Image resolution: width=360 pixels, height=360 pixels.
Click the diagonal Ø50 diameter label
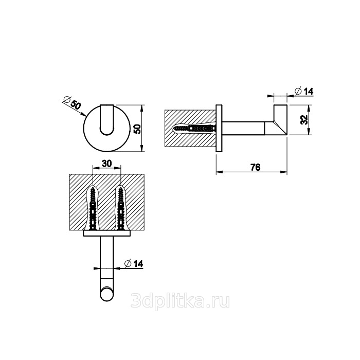click(x=72, y=102)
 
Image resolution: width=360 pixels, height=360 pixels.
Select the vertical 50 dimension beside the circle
click(x=137, y=129)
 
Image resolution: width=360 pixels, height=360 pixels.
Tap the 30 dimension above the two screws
click(x=106, y=164)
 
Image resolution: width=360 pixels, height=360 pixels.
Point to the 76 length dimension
click(x=255, y=167)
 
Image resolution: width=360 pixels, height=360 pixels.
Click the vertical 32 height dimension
click(x=304, y=120)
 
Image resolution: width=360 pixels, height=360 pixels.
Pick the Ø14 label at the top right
click(x=303, y=91)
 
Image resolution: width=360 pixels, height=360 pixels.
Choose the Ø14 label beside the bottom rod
click(x=133, y=264)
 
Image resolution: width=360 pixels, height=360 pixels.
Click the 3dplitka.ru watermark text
click(x=180, y=301)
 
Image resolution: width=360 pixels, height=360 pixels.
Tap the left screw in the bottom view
click(x=93, y=208)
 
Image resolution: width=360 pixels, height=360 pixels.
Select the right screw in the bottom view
click(x=120, y=208)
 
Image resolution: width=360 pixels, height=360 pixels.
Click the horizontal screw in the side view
click(x=195, y=129)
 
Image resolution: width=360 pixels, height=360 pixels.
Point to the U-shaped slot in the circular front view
click(x=107, y=120)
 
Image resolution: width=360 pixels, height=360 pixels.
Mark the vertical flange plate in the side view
click(x=219, y=129)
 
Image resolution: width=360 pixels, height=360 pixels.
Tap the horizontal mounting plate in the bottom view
click(x=107, y=233)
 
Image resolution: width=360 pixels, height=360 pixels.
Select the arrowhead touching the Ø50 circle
click(x=84, y=114)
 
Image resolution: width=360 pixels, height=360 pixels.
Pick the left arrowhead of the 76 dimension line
click(x=219, y=172)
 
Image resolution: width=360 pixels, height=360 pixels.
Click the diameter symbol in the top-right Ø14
click(x=298, y=91)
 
